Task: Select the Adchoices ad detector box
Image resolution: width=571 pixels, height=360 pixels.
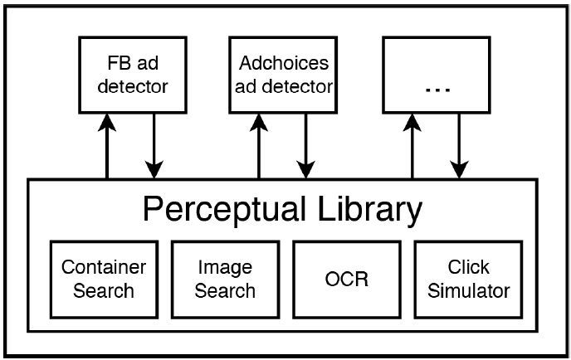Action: pyautogui.click(x=284, y=74)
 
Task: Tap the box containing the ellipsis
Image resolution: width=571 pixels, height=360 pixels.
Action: pyautogui.click(x=436, y=74)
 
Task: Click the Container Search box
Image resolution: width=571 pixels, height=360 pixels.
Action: pyautogui.click(x=104, y=279)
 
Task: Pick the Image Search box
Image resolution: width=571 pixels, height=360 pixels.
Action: pyautogui.click(x=225, y=279)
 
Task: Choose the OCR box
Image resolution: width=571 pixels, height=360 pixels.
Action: pyautogui.click(x=347, y=279)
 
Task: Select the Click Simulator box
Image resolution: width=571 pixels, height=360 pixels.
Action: pyautogui.click(x=468, y=279)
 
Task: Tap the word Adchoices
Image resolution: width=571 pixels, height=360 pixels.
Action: pyautogui.click(x=284, y=63)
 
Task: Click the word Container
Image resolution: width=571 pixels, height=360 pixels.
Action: pyautogui.click(x=104, y=268)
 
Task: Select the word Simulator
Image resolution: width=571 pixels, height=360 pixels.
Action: pyautogui.click(x=468, y=291)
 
